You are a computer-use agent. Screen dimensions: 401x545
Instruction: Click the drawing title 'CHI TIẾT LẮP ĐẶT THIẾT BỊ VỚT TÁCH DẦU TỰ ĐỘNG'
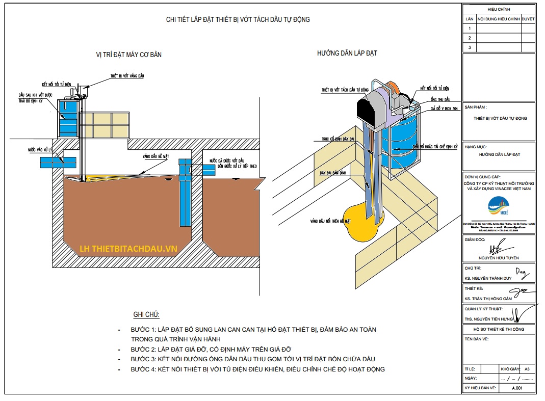click(x=238, y=20)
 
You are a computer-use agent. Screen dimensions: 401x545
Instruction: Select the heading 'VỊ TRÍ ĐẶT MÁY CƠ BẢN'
click(x=128, y=55)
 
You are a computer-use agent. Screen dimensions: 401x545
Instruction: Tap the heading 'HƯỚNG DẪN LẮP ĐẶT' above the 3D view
click(x=347, y=53)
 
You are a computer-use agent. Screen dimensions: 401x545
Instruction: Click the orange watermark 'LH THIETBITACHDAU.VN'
click(x=128, y=249)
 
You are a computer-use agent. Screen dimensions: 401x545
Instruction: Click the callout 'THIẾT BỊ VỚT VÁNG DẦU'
click(x=127, y=75)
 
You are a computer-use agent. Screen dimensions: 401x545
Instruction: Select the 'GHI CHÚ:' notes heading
click(x=146, y=315)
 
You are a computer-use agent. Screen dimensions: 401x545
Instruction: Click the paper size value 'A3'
click(x=527, y=368)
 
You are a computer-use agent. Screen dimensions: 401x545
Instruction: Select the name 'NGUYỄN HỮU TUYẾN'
click(x=499, y=258)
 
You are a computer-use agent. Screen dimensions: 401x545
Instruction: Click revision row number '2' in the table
click(x=469, y=38)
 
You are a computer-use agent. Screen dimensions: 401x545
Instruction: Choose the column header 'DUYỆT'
click(x=528, y=19)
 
